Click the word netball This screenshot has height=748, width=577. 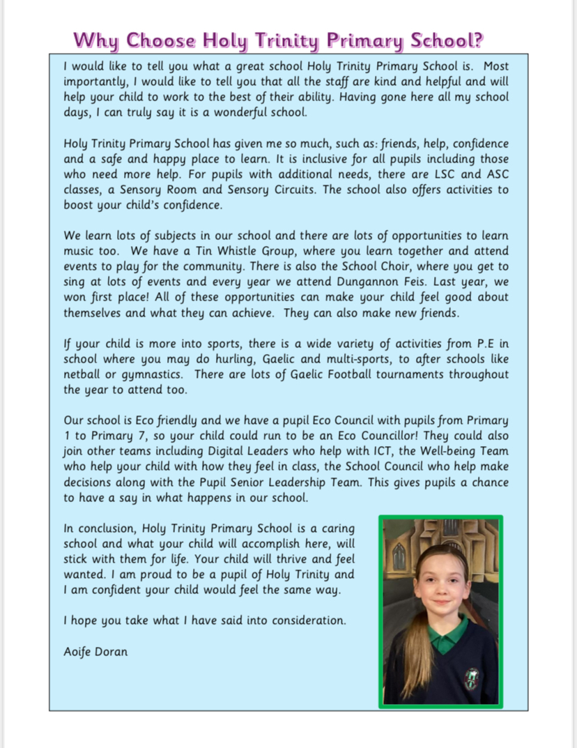[82, 374]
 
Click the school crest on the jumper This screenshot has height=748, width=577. [472, 677]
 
